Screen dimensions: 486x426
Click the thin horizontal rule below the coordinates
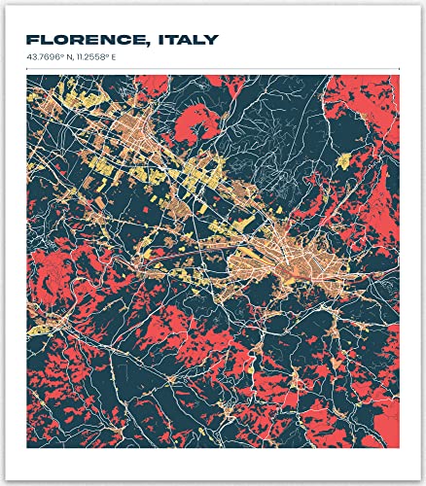213,68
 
